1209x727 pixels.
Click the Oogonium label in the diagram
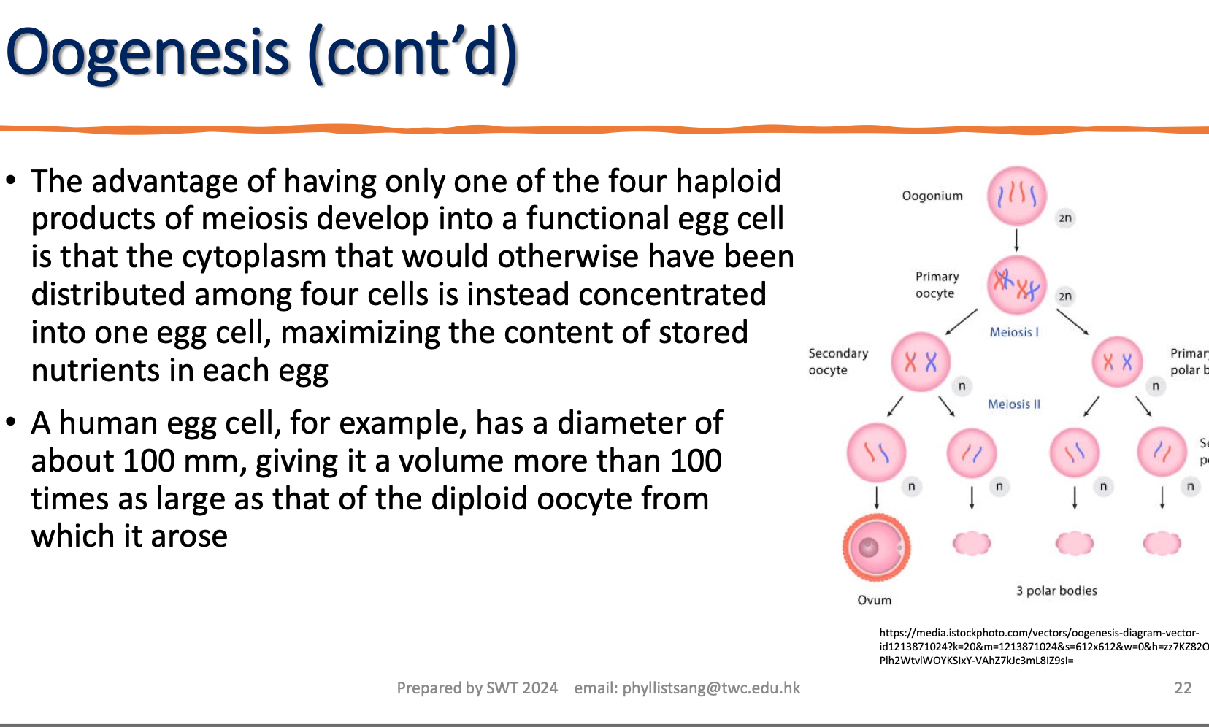[x=932, y=196]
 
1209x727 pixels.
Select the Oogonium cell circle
[x=1016, y=196]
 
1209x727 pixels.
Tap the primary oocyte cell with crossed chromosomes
[x=1016, y=285]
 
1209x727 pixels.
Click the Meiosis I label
[x=1013, y=332]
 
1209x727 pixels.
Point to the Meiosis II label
[x=1013, y=404]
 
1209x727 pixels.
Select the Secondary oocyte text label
[x=837, y=361]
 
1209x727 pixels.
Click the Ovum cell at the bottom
[x=876, y=547]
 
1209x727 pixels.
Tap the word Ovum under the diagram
[x=874, y=600]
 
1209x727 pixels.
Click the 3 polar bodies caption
[x=1056, y=591]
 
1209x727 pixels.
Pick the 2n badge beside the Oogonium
[x=1065, y=218]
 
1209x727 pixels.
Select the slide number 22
[x=1183, y=688]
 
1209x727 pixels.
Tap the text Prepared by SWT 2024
[x=477, y=688]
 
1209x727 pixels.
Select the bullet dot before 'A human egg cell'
[x=10, y=422]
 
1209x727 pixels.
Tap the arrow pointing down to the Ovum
[x=876, y=499]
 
